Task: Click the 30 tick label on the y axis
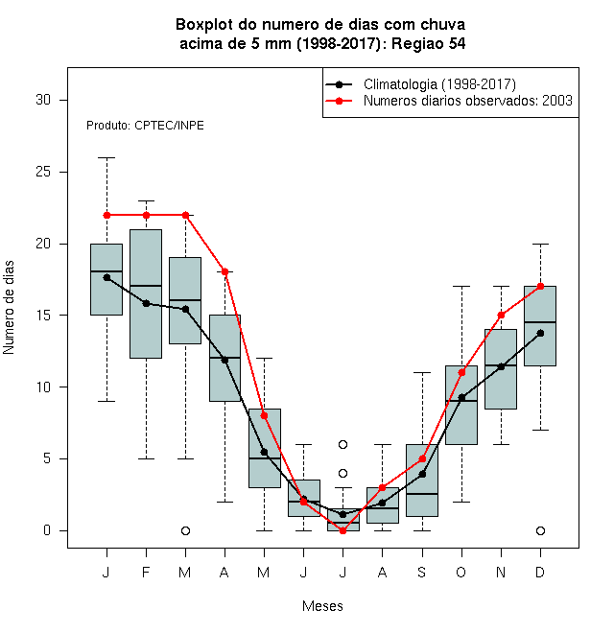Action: point(43,100)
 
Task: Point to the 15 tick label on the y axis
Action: point(43,316)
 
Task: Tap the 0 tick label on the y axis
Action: point(47,530)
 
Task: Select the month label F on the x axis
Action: point(146,572)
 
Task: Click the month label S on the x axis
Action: point(422,572)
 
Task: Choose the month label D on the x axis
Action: point(540,572)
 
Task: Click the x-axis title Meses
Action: point(322,606)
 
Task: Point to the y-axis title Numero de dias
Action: point(9,308)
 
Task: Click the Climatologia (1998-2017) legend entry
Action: point(421,84)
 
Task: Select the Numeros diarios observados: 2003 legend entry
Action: point(449,101)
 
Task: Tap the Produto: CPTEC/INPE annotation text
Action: point(145,126)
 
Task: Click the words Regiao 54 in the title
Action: point(429,43)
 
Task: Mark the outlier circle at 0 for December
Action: point(540,530)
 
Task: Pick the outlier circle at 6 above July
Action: point(342,444)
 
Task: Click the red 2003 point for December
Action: point(540,286)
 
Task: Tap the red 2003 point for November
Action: point(501,315)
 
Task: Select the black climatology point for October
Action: point(461,398)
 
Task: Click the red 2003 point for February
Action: point(146,215)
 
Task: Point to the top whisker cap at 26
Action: point(106,158)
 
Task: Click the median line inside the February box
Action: point(146,286)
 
